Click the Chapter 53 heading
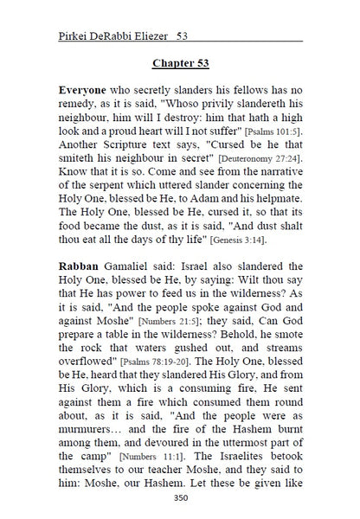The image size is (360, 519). click(181, 63)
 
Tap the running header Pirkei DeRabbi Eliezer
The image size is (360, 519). click(111, 36)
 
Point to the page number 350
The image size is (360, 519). click(181, 497)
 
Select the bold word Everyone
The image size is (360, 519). click(85, 90)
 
